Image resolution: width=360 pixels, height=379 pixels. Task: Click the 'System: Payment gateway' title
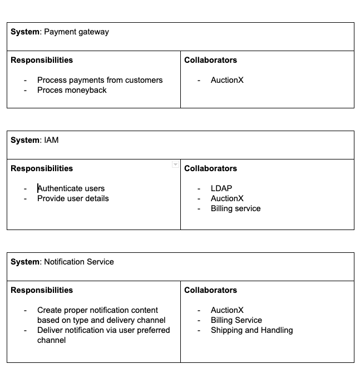coord(60,32)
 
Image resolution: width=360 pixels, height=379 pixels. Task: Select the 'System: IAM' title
coord(34,140)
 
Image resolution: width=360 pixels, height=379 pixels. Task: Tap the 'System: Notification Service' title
coord(62,262)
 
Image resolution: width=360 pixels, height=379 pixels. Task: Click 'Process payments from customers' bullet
coord(100,80)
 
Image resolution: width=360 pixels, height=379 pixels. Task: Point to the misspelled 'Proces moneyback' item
coord(72,90)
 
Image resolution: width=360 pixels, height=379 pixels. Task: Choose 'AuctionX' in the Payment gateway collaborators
coord(227,80)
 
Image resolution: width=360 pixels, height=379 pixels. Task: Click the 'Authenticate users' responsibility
coord(71,188)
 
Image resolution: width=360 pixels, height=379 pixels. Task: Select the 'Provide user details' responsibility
coord(73,198)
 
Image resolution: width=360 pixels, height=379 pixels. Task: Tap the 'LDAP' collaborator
coord(221,188)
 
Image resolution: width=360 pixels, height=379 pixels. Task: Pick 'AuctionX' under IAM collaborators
coord(227,198)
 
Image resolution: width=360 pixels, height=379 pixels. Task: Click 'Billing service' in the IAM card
coord(235,208)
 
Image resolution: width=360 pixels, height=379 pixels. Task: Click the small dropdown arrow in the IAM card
coord(175,164)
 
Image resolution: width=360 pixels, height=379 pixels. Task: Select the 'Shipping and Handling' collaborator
coord(251,330)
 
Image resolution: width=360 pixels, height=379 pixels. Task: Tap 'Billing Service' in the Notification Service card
coord(236,320)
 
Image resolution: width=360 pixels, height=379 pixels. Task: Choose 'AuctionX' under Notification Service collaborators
coord(227,310)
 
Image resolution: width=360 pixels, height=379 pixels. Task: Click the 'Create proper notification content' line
coord(97,310)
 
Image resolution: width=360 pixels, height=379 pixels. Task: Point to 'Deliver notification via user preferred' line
coord(103,330)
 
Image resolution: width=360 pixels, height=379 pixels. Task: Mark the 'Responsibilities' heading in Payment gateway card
coord(42,60)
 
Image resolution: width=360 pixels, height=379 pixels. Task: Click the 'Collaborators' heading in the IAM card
coord(210,168)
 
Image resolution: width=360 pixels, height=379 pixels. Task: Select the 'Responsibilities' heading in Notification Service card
coord(42,290)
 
